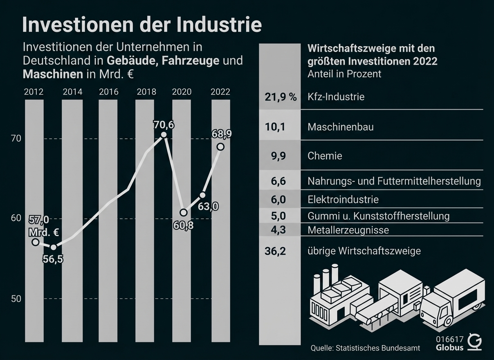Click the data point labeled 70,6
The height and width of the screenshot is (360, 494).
[x=164, y=135]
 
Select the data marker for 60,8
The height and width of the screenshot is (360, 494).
[x=184, y=213]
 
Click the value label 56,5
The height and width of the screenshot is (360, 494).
[x=53, y=259]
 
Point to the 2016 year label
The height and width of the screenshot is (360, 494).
[x=108, y=92]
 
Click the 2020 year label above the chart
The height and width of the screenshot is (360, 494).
[x=182, y=92]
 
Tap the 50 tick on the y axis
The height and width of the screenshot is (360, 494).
[x=16, y=299]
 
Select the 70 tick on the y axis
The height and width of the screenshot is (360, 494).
[x=16, y=139]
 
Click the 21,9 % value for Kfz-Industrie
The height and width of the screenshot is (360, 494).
[x=280, y=97]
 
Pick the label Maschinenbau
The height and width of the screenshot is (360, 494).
[x=340, y=127]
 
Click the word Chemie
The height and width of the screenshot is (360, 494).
[x=325, y=156]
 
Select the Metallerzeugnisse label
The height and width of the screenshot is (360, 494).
[x=348, y=230]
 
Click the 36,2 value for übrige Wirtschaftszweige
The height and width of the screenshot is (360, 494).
[x=275, y=251]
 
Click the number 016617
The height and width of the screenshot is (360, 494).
[x=450, y=339]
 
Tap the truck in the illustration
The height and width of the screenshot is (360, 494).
[x=452, y=305]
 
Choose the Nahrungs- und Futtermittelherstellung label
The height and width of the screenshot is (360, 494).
[x=394, y=181]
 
